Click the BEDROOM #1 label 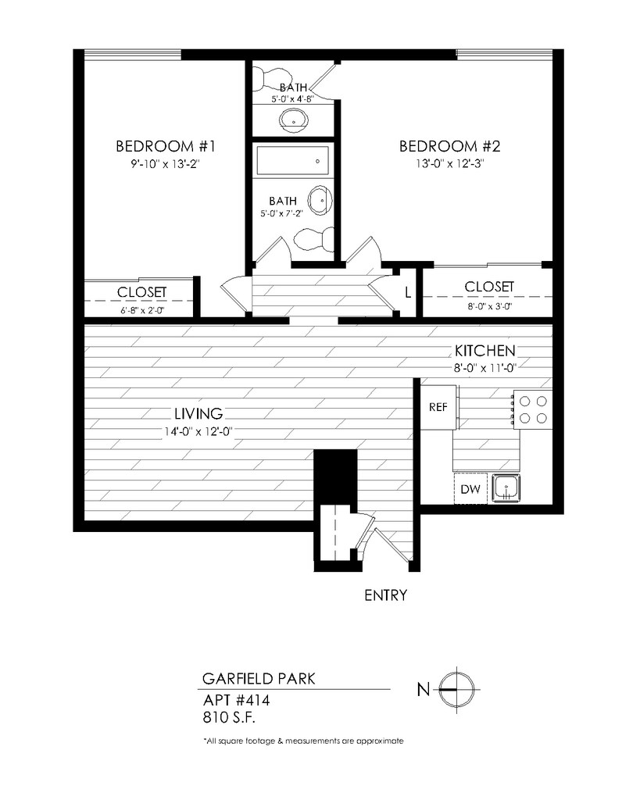click(165, 146)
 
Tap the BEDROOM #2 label click(449, 146)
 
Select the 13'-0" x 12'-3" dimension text click(449, 164)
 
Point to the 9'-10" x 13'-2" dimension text click(165, 164)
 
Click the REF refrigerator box click(438, 407)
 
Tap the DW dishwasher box click(470, 490)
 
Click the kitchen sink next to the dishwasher click(506, 489)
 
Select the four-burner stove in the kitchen click(533, 408)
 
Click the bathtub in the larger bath click(291, 161)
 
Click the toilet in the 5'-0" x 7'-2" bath click(314, 238)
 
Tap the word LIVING click(198, 414)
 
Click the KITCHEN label click(485, 350)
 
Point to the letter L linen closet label click(408, 294)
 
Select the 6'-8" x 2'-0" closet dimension click(142, 310)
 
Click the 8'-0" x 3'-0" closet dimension click(489, 306)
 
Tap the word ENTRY click(386, 595)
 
